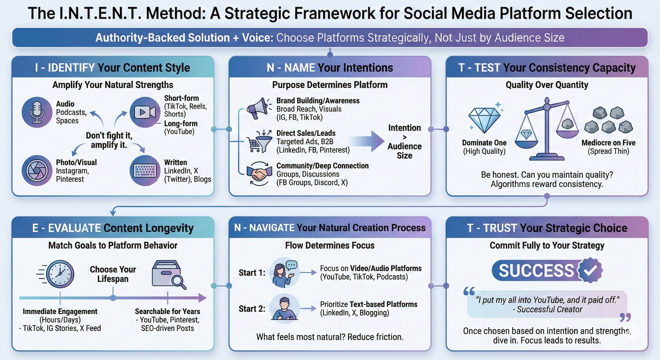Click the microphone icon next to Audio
pos(37,112)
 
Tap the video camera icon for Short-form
pos(145,112)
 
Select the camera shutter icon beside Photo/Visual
pos(37,171)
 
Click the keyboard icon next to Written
pos(145,171)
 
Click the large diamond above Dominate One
pos(484,120)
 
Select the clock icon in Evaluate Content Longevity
pos(60,274)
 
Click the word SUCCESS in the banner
pos(536,271)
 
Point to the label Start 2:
pos(252,309)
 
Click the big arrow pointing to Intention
pos(369,141)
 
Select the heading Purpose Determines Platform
pos(330,85)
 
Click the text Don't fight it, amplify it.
pos(109,140)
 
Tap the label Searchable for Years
pos(167,311)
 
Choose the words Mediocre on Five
pos(608,143)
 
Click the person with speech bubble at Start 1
pos(284,273)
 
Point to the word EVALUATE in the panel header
pos(74,228)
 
